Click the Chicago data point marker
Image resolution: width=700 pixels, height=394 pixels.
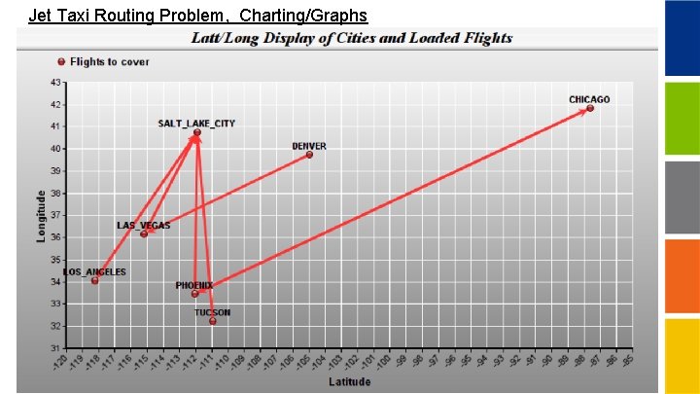590,108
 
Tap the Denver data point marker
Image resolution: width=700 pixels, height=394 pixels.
309,154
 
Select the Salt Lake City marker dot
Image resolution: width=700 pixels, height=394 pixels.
196,132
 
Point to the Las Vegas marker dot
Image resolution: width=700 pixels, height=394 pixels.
144,233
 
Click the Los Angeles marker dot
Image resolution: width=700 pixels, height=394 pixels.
95,280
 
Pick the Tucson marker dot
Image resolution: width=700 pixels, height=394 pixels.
213,321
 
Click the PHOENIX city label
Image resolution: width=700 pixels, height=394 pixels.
193,285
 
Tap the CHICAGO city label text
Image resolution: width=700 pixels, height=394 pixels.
589,99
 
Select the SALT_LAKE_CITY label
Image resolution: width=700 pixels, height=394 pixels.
196,124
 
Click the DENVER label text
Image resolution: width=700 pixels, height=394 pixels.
309,146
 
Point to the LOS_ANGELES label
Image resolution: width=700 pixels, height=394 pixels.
95,272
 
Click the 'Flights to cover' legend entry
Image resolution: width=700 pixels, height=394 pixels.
109,61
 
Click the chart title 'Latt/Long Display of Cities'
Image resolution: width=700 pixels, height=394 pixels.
350,38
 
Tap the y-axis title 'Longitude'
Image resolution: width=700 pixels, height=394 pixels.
42,216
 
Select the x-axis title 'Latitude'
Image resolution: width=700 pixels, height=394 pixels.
349,381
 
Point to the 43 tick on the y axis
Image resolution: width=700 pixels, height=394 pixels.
55,82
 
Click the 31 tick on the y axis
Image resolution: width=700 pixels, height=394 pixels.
55,348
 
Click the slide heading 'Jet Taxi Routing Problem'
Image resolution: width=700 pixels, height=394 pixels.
198,15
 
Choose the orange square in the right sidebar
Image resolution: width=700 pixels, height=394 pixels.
682,276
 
